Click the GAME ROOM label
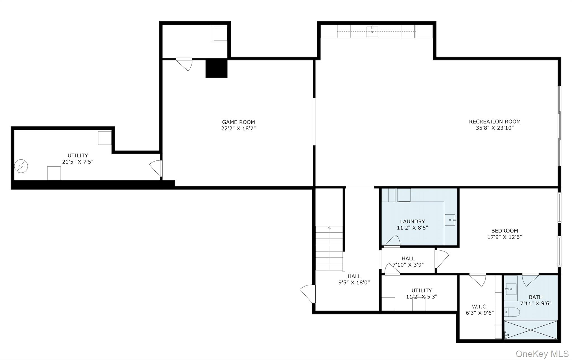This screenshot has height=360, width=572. pos(238,122)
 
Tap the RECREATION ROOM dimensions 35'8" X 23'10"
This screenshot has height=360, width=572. pos(495,128)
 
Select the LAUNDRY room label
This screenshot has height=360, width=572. pos(412,222)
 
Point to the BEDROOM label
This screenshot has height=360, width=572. pos(504,231)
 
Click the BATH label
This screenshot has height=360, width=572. pos(535,297)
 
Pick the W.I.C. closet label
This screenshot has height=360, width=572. pos(480,307)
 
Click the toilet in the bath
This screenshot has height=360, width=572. pos(512,312)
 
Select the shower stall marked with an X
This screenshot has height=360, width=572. pos(531,330)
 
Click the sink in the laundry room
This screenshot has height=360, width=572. pos(450,220)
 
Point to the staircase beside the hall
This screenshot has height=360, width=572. pos(329,248)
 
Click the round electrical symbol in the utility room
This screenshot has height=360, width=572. pos(21,166)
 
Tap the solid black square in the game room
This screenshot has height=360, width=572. pos(216,68)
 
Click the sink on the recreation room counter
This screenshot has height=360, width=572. pos(372,32)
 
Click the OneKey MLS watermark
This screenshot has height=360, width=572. pos(542,354)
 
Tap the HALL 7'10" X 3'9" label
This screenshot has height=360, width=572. pos(408,261)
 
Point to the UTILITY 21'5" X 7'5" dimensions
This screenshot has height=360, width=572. pos(78,162)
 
